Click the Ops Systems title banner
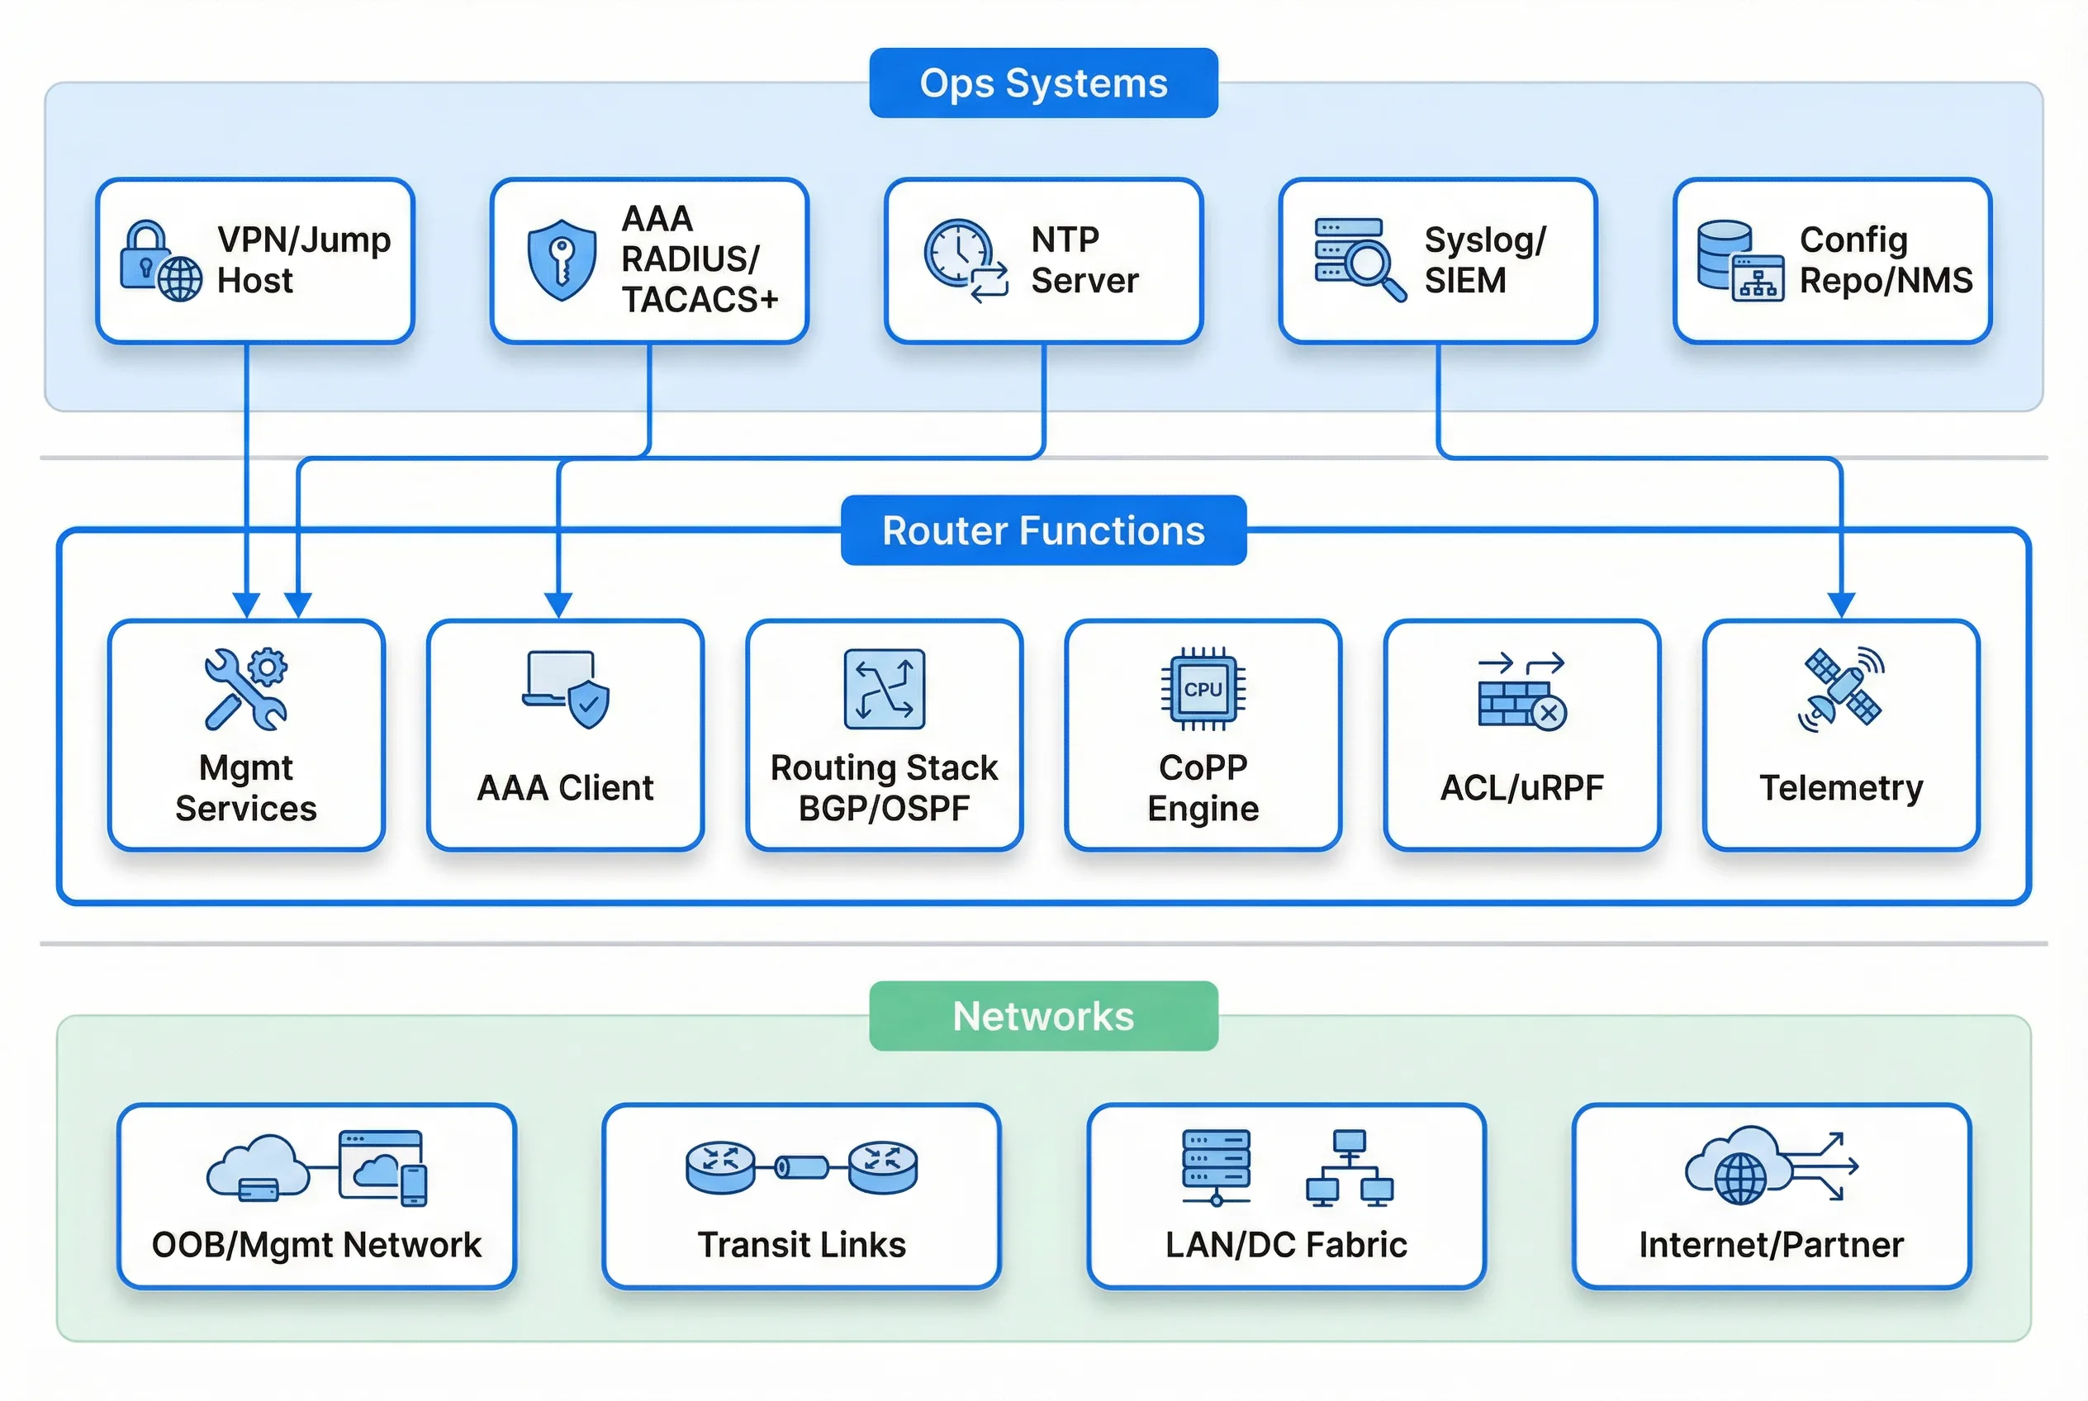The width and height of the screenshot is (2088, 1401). (x=1042, y=83)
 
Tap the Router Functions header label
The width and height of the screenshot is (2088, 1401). (x=1042, y=530)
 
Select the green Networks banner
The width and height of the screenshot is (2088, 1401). (x=1042, y=1016)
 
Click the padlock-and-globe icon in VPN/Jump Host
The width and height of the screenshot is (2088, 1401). (x=160, y=261)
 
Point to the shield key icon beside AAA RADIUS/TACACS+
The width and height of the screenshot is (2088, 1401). (x=561, y=259)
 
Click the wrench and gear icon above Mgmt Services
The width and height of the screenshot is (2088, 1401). (x=245, y=689)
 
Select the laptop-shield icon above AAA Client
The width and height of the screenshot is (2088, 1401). (x=567, y=689)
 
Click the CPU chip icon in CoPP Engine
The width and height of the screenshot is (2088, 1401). (x=1203, y=689)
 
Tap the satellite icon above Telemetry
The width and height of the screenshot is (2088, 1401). (x=1841, y=689)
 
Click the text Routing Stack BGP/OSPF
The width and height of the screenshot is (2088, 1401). (x=884, y=788)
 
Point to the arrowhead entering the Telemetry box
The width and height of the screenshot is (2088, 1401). (x=1841, y=605)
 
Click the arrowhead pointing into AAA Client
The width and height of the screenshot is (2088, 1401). (x=558, y=605)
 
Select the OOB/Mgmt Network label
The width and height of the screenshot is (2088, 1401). (x=316, y=1245)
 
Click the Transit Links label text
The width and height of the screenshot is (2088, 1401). (x=801, y=1245)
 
